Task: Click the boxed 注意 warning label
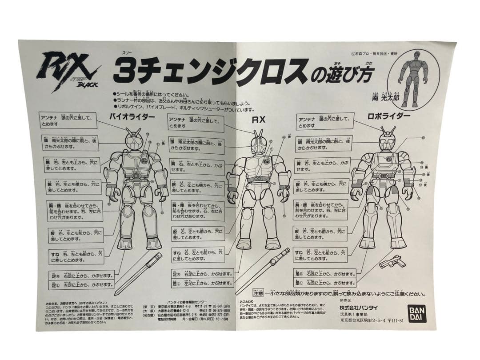[258, 294]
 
